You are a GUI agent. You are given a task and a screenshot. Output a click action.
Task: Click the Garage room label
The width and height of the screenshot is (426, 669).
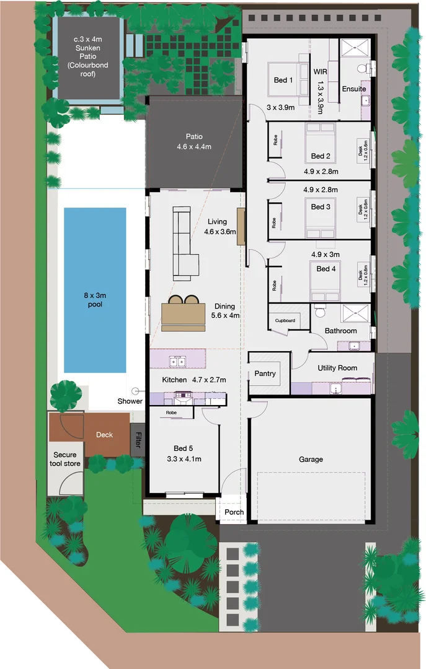[311, 459]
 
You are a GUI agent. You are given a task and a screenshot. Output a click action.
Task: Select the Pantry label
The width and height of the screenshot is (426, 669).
[265, 374]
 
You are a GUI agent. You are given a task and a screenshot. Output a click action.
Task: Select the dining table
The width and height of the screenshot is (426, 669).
[183, 313]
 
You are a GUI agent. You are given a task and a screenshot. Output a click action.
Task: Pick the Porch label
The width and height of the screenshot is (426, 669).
[234, 512]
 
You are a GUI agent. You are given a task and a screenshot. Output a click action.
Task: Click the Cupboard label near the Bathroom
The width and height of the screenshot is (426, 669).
[285, 321]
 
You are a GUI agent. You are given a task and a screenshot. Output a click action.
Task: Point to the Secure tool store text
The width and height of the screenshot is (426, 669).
[64, 459]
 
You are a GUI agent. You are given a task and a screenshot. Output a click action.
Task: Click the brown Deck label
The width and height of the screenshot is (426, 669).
[104, 435]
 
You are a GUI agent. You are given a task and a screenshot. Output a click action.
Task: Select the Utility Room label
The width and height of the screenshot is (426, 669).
[337, 368]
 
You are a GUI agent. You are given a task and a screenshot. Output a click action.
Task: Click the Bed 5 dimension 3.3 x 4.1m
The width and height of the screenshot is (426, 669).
[184, 459]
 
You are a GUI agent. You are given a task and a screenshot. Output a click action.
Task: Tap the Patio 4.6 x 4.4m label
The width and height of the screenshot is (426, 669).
[193, 142]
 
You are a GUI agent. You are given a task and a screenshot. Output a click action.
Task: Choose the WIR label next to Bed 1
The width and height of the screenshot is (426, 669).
[320, 72]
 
